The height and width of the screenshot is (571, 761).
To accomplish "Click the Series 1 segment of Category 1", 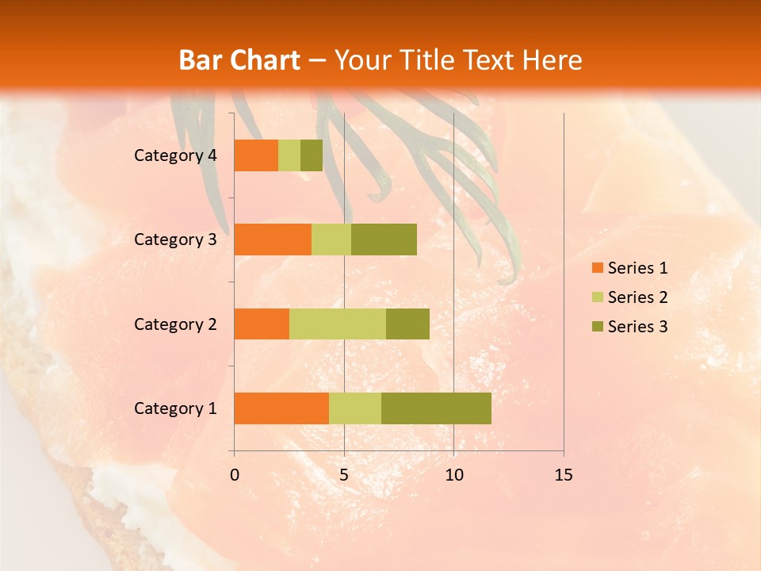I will (281, 408).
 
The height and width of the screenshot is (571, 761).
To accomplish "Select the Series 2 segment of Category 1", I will (355, 408).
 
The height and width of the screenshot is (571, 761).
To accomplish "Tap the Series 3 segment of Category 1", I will (436, 408).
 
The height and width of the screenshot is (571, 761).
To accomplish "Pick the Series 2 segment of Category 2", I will (338, 324).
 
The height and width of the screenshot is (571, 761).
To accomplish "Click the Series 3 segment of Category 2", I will (407, 324).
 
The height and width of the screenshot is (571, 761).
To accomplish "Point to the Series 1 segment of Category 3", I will (273, 240).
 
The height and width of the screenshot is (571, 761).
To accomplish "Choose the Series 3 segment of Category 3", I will (384, 240).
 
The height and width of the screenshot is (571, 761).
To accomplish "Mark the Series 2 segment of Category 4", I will (289, 155).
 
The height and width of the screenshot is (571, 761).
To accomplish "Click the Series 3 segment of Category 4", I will (312, 155).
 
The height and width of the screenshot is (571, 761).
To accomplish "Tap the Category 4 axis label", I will (175, 155).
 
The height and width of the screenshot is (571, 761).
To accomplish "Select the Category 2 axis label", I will (175, 324).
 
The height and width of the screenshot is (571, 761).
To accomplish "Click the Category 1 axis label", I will (175, 408).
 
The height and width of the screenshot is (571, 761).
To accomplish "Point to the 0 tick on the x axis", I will (235, 475).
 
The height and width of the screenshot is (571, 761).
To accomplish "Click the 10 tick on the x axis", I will (453, 475).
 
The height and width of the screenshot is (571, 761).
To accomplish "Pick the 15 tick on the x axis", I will (563, 475).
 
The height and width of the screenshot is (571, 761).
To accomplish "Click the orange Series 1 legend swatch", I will (597, 268).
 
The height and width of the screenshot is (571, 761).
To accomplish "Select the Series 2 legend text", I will (637, 297).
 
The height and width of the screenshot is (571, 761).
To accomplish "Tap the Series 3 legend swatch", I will (597, 327).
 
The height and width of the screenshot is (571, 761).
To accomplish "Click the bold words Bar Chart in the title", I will (239, 60).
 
